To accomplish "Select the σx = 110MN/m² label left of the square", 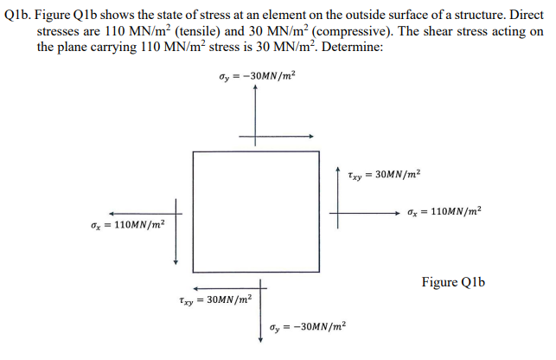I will [127, 224].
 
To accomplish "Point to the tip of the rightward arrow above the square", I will [312, 137].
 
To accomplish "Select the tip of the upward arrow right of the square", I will [338, 164].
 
